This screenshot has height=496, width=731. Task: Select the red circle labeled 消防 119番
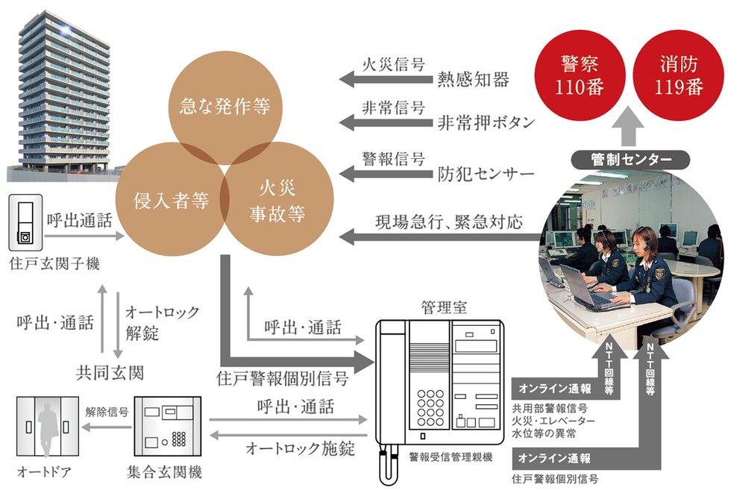(679, 75)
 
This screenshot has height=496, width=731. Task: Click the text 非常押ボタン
(486, 123)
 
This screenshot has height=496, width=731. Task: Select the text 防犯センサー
(486, 175)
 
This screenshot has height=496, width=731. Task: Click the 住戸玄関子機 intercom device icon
(25, 223)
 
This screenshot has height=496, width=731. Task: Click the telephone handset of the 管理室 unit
(391, 388)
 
